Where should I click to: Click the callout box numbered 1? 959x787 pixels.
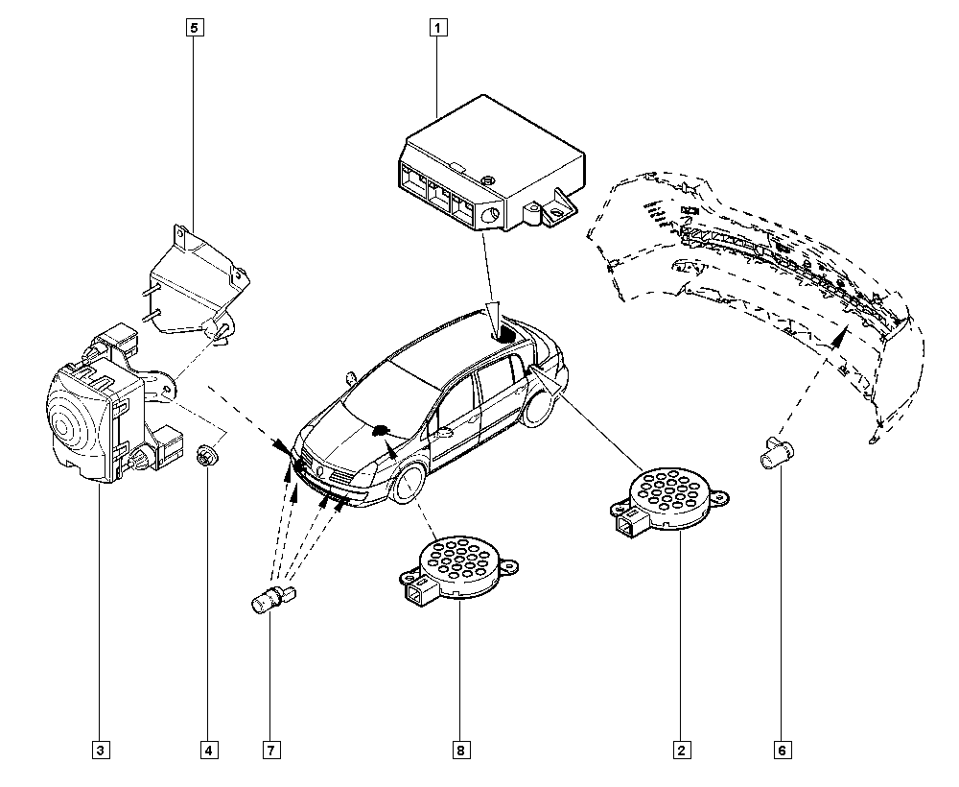coord(436,28)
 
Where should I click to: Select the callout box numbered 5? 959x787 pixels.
coord(194,28)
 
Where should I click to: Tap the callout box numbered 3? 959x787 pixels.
coord(102,749)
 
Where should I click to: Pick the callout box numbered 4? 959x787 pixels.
coord(207,749)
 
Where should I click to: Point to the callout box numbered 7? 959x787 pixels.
coord(272,749)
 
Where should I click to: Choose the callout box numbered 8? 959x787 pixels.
coord(461,749)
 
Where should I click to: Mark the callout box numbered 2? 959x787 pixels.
coord(682,749)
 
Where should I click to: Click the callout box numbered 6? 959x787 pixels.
coord(782,749)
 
